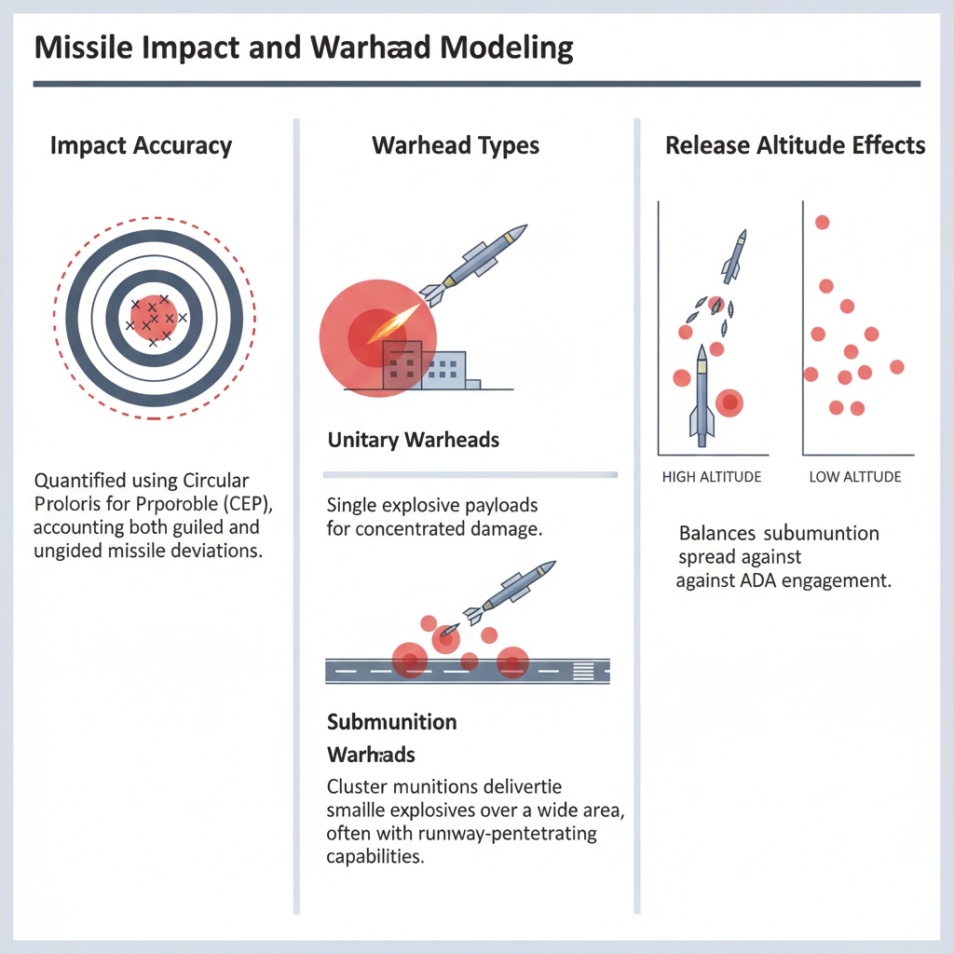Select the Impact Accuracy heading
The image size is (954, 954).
141,145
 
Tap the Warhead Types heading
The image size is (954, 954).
456,145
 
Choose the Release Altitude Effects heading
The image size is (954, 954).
795,145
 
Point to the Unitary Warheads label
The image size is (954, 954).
414,440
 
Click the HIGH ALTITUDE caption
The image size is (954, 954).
711,477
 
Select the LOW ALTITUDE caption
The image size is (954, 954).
854,477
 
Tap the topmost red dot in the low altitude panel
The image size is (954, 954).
822,222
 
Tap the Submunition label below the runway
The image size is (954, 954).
392,722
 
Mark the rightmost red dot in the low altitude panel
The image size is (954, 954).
897,367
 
